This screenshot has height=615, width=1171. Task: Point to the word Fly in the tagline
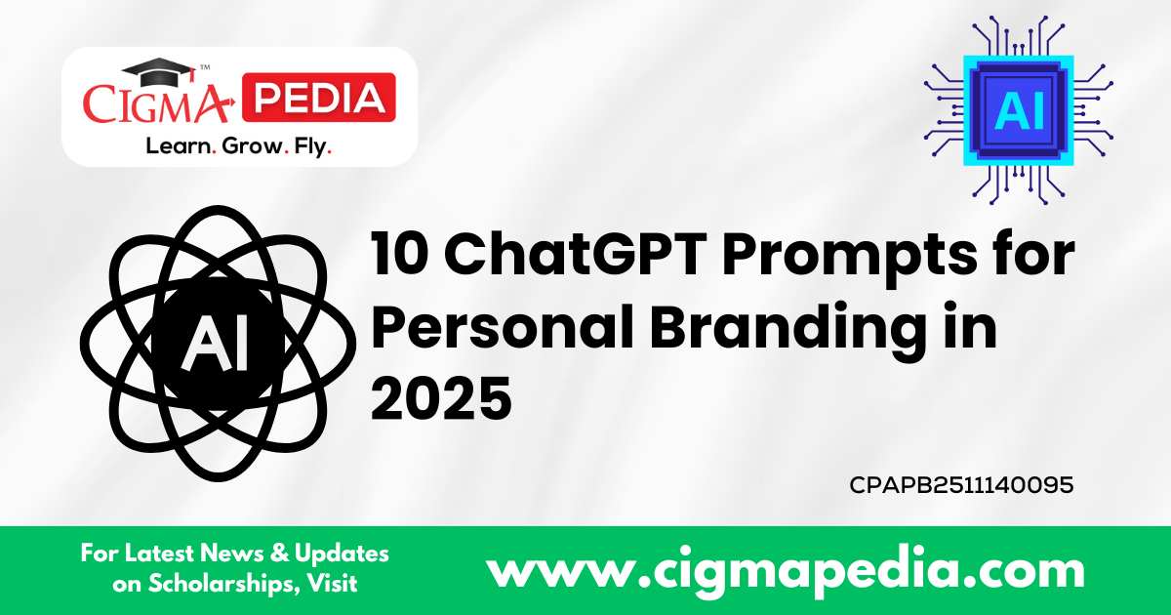(x=311, y=147)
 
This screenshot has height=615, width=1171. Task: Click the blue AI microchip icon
(x=1019, y=109)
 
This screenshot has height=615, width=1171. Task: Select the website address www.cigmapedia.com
(x=785, y=569)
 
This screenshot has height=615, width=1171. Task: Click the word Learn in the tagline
(x=176, y=147)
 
